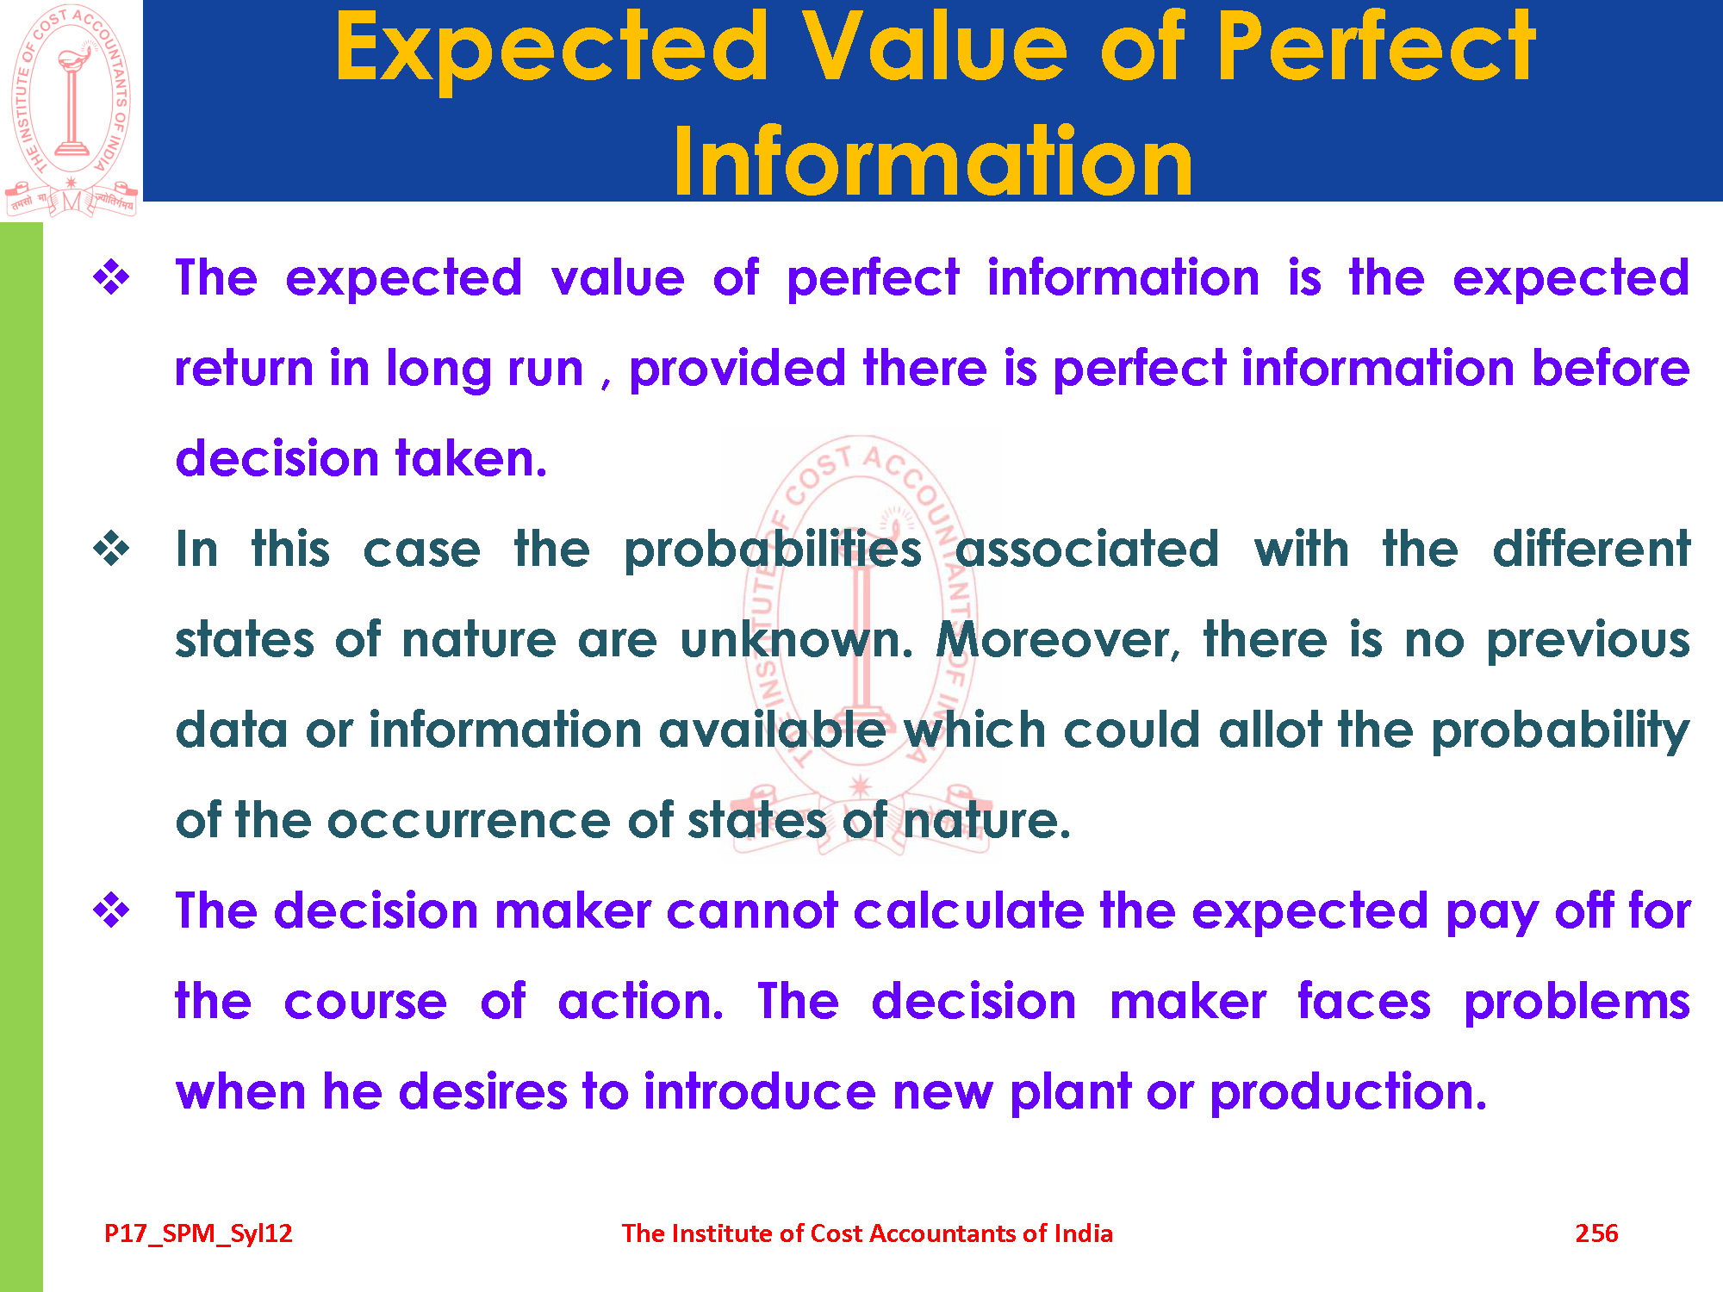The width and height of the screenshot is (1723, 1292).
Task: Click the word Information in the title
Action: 933,162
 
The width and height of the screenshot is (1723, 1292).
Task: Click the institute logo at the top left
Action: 71,110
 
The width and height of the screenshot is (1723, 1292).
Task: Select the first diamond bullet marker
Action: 112,278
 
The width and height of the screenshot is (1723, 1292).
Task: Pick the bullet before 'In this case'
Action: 112,550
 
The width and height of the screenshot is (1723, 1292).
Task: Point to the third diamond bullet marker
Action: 112,911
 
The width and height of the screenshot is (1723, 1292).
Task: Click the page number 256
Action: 1596,1233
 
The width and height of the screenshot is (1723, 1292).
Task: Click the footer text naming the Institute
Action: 868,1233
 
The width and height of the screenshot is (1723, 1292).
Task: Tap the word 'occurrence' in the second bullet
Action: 469,820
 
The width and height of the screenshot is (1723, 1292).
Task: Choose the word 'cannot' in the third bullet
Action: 751,911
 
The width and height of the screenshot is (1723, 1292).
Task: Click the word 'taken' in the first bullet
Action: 470,458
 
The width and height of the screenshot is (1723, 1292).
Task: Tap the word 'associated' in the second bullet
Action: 1087,550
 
